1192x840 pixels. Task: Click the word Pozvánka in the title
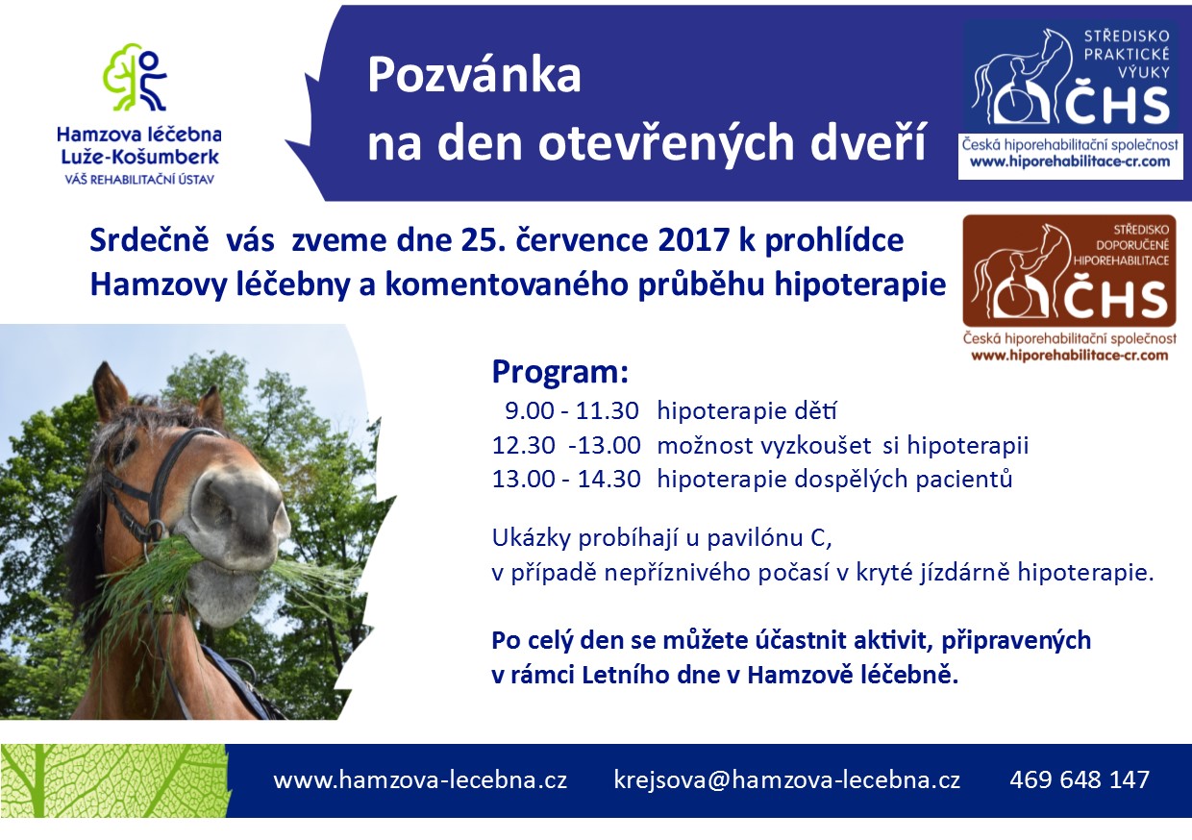click(x=474, y=76)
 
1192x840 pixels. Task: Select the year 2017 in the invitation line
click(x=692, y=240)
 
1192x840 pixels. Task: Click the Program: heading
click(x=559, y=371)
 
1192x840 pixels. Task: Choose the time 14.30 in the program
click(x=608, y=479)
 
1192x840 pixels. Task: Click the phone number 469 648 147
click(x=1080, y=779)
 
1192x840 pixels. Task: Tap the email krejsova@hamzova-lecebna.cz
click(x=787, y=780)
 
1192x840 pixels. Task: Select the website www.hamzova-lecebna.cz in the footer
click(x=420, y=780)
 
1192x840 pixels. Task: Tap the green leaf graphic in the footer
click(x=114, y=780)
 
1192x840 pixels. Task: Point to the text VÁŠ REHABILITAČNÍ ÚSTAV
click(x=139, y=180)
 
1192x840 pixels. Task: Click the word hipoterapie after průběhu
click(x=860, y=285)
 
